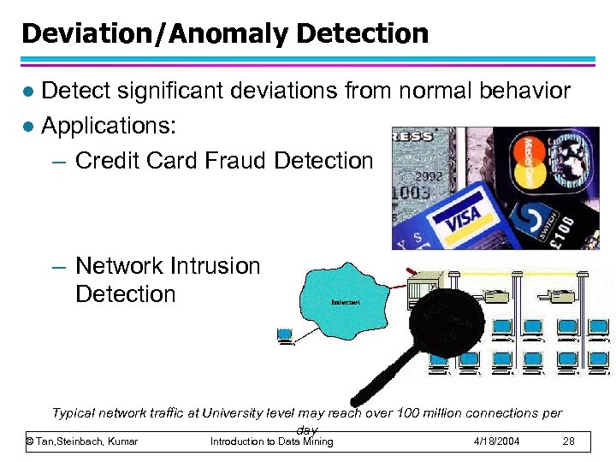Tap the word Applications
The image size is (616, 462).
point(109,126)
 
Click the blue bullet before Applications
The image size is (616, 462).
point(28,127)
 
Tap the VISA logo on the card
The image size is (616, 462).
point(462,218)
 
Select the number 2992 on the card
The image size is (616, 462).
point(429,176)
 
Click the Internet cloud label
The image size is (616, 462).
point(344,302)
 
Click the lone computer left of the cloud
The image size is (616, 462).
point(285,336)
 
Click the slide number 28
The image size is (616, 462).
point(568,441)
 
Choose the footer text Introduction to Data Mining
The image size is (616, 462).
point(271,441)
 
